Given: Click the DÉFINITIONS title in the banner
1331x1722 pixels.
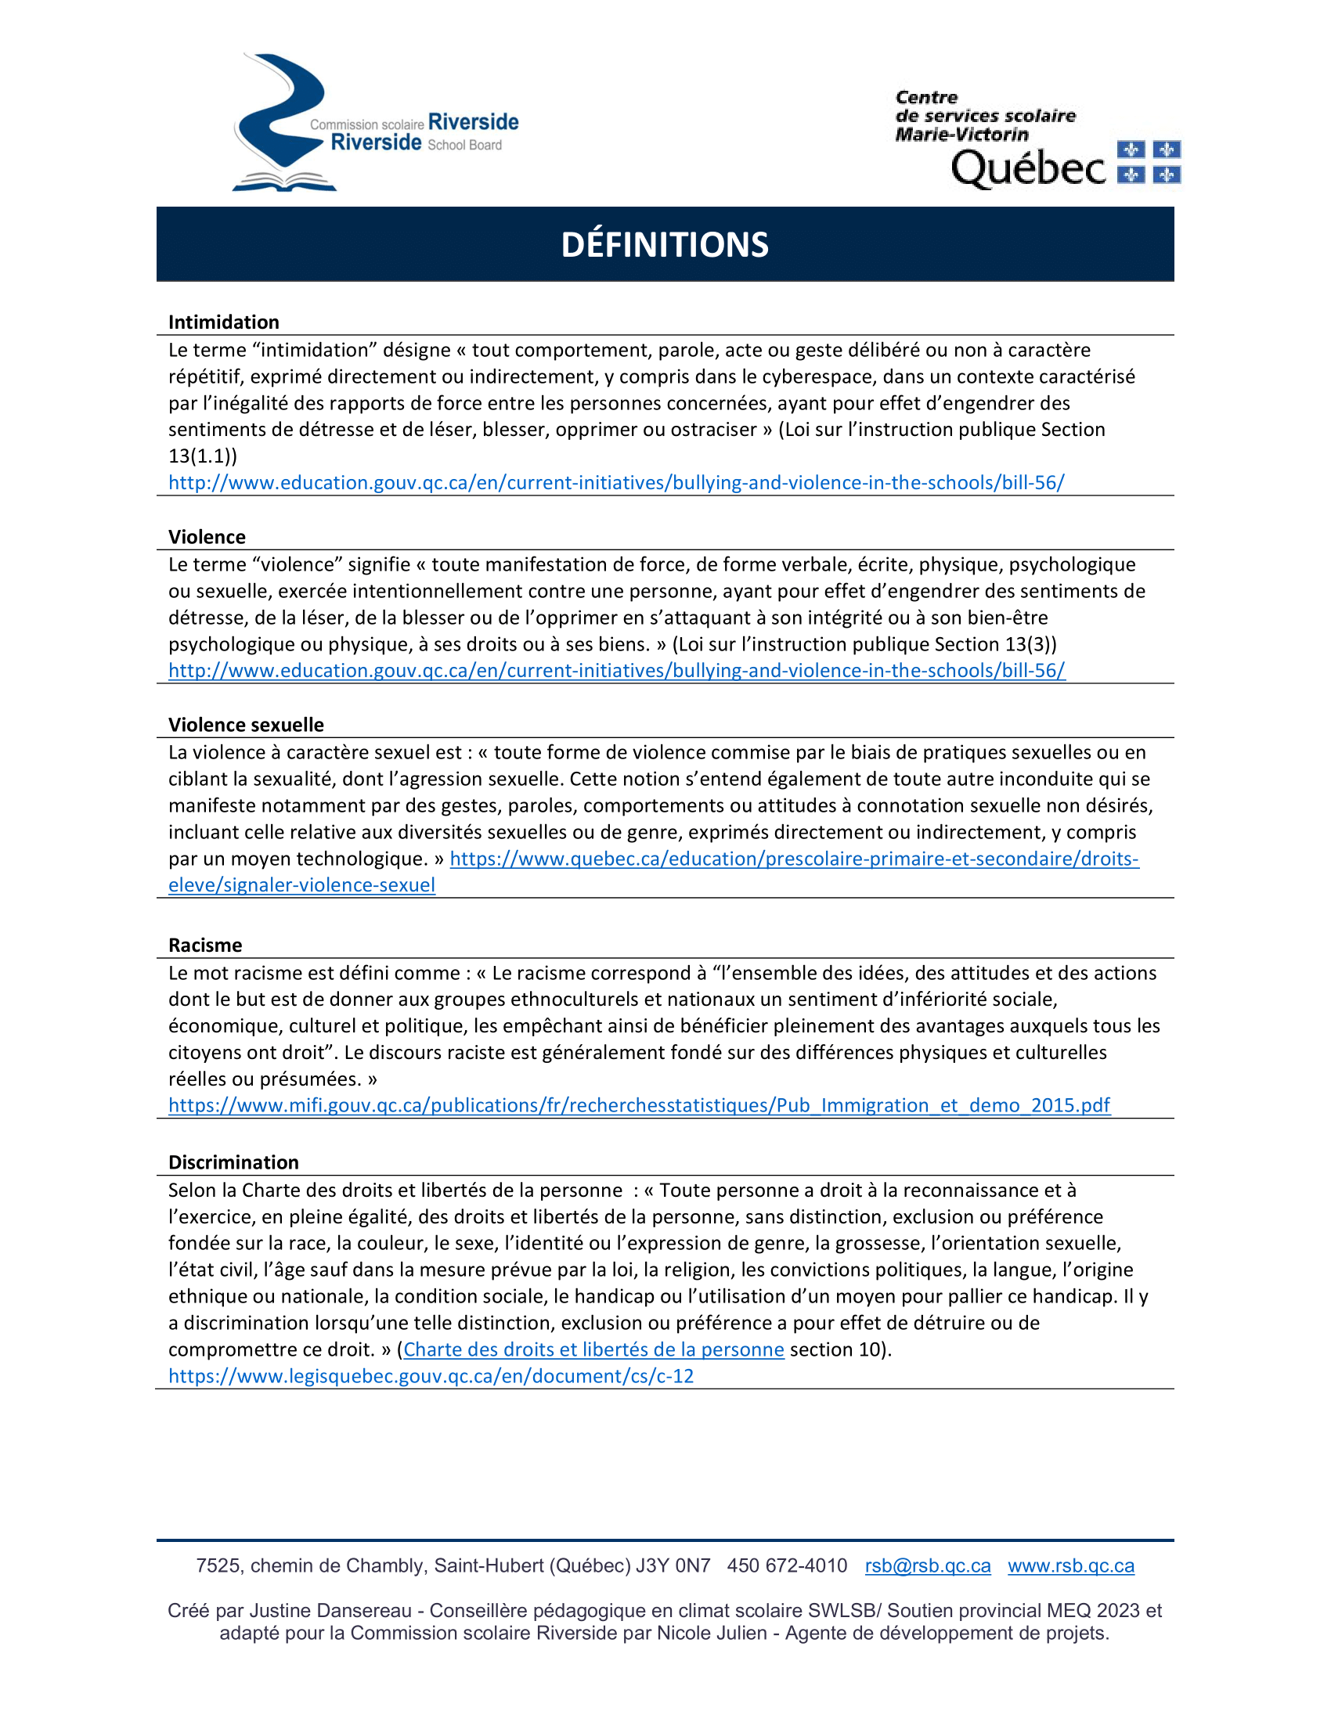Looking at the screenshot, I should (665, 244).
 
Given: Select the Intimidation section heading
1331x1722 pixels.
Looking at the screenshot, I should (224, 322).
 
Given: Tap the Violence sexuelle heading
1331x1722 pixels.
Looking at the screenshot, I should (246, 725).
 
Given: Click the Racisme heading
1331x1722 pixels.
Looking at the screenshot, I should (205, 945).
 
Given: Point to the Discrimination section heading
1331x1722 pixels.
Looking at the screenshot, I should (233, 1162).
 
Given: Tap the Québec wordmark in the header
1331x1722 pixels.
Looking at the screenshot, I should (1028, 168).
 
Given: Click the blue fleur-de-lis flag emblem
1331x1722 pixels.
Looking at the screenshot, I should (1149, 162).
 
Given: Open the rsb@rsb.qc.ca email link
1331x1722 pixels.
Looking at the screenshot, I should (927, 1565).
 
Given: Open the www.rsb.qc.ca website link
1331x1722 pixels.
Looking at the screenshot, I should (1071, 1565).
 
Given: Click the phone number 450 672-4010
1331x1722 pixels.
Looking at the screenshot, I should (787, 1565).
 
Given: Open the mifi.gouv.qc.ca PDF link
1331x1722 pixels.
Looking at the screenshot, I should (639, 1105).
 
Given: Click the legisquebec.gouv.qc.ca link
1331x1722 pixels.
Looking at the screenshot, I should (431, 1376).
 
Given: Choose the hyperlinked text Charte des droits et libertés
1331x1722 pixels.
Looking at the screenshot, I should (593, 1349).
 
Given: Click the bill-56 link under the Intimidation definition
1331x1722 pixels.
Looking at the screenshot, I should (616, 482).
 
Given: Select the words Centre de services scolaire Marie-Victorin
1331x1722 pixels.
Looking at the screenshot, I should (985, 116).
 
